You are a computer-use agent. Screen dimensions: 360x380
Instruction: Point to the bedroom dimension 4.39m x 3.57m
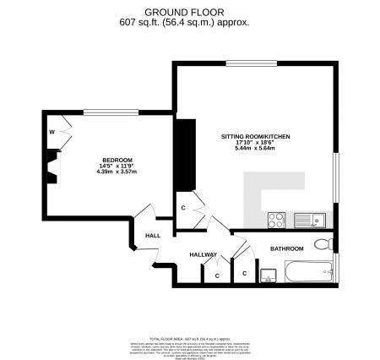(x=117, y=172)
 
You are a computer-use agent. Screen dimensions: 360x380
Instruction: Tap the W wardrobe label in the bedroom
(x=52, y=131)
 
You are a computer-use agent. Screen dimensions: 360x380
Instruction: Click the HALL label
(x=153, y=236)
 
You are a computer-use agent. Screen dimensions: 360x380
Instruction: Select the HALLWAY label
(x=204, y=254)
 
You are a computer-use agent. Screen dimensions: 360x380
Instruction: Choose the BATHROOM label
(x=286, y=248)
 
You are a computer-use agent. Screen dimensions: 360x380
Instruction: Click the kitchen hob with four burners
(x=277, y=220)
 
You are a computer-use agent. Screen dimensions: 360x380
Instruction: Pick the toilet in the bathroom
(x=321, y=246)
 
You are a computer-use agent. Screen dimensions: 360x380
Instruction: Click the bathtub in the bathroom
(x=309, y=272)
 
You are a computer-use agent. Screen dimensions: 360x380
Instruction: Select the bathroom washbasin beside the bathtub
(x=269, y=274)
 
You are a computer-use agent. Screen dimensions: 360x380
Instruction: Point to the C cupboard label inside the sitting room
(x=183, y=206)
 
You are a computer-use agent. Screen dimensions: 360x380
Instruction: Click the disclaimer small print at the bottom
(x=189, y=342)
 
